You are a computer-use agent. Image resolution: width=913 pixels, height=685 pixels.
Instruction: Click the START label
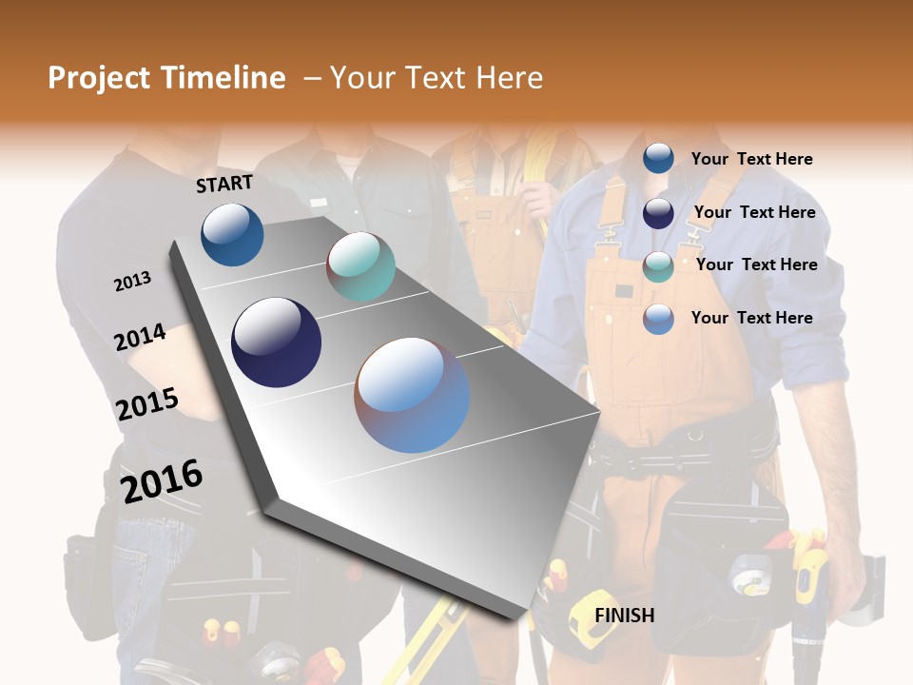coord(224,184)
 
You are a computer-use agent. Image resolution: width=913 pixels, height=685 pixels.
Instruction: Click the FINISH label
coord(624,616)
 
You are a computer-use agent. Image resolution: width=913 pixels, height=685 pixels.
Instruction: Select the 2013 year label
coord(132,282)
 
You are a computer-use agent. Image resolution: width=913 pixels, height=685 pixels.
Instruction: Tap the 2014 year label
coord(140,337)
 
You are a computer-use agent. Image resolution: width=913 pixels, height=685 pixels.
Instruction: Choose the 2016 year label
coord(162,480)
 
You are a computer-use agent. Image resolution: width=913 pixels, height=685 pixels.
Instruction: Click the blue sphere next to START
coord(232,234)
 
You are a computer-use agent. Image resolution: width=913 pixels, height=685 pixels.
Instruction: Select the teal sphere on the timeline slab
coord(360,266)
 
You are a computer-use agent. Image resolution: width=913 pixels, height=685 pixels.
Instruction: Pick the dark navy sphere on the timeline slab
coord(276,342)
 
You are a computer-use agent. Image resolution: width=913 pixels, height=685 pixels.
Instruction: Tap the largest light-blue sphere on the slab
coord(412,394)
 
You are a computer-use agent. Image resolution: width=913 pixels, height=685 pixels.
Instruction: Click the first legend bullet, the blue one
coord(658,159)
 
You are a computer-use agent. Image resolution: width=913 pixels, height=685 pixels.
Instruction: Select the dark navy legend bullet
coord(658,213)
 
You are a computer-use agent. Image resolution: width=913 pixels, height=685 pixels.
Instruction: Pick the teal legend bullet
coord(658,266)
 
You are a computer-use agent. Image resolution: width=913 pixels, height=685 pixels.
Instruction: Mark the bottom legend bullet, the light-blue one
coord(658,319)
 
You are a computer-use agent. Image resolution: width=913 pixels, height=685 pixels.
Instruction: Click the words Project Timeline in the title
coord(166,78)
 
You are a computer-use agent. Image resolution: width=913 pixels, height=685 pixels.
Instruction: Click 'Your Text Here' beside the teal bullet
coord(756,264)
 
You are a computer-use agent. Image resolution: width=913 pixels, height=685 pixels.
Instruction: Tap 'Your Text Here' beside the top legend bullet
coord(751,159)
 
